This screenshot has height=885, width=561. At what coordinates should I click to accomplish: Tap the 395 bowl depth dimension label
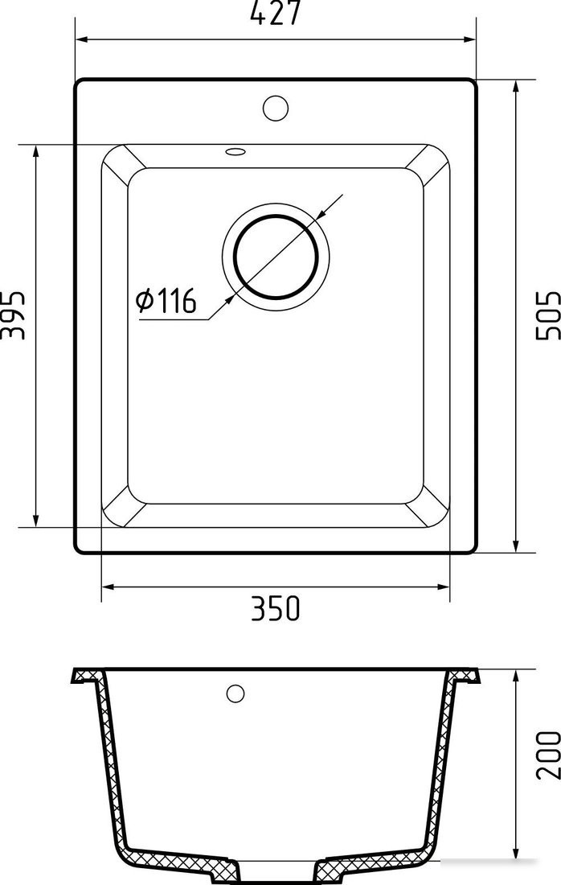(x=13, y=315)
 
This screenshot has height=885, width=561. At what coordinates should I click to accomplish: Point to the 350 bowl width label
(x=276, y=608)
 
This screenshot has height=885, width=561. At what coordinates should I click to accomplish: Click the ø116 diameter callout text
(x=166, y=300)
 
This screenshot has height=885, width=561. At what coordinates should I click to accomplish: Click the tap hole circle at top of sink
(x=276, y=108)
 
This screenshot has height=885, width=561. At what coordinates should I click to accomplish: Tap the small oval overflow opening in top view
(x=235, y=151)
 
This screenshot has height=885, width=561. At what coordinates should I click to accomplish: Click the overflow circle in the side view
(x=235, y=693)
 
